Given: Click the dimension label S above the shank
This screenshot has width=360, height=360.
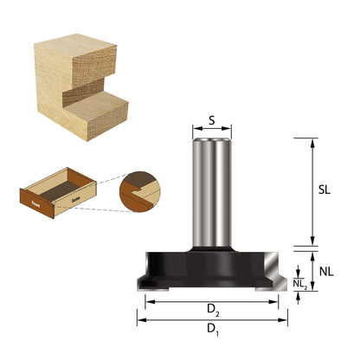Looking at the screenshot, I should click(x=212, y=120).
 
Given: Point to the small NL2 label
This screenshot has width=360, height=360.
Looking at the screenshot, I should click(x=299, y=283).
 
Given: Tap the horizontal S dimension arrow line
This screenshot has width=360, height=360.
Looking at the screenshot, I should click(x=212, y=130).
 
